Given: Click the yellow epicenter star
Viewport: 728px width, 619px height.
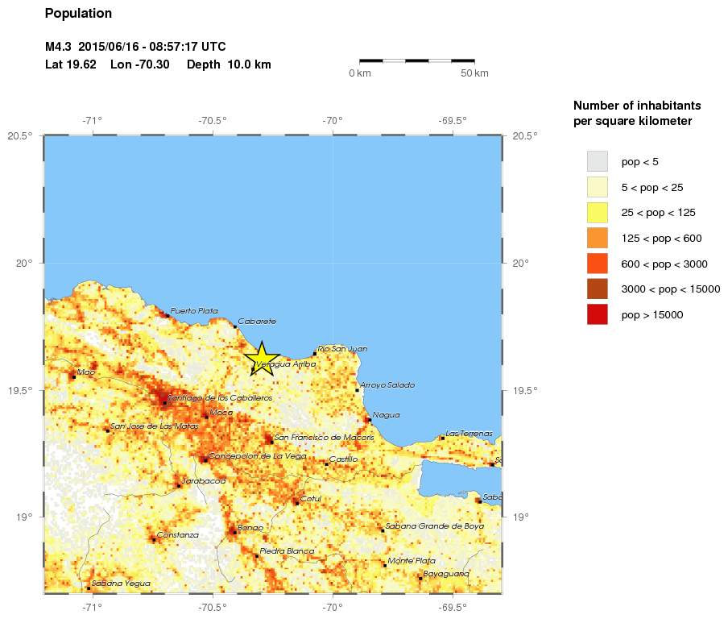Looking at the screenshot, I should (x=262, y=358).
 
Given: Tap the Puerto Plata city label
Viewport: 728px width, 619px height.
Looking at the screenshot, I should (x=194, y=310).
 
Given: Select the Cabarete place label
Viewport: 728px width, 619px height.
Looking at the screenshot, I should (x=257, y=322).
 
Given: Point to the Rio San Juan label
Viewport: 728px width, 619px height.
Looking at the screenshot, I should (x=342, y=349).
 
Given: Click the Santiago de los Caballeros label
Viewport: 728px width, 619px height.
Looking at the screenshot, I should (x=220, y=398).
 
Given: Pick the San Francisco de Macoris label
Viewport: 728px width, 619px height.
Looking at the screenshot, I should (x=325, y=438).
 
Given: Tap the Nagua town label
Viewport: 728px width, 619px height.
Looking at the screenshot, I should (x=386, y=416).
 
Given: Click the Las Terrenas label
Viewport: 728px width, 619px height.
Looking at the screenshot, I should (x=469, y=434).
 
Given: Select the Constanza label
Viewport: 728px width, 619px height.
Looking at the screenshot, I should (x=178, y=535).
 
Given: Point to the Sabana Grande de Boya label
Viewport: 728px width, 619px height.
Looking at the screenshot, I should (x=435, y=526).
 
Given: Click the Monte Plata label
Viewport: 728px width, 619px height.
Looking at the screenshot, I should (x=412, y=561).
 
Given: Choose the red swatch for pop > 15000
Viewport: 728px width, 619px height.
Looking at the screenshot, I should (x=597, y=314).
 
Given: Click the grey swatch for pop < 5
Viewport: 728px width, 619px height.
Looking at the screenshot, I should (x=597, y=161).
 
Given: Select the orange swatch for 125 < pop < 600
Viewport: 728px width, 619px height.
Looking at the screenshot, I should (x=597, y=238).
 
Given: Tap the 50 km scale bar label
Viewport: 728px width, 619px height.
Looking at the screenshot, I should (x=474, y=74).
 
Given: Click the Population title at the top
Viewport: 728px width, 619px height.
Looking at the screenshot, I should (x=78, y=14).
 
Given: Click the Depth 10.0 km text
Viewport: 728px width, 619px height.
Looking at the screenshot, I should (x=229, y=64).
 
